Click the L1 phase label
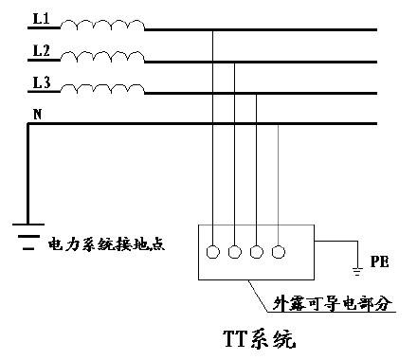coord(41,19)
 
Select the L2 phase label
coord(41,51)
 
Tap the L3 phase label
coord(41,83)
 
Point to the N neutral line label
coord(37,114)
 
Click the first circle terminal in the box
coord(213,252)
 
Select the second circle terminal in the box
coord(235,252)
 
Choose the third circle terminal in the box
coord(257,252)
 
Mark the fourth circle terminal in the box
coord(278,252)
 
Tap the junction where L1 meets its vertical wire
coord(213,30)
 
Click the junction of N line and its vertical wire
coord(278,124)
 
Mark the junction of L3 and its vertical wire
coord(257,93)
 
